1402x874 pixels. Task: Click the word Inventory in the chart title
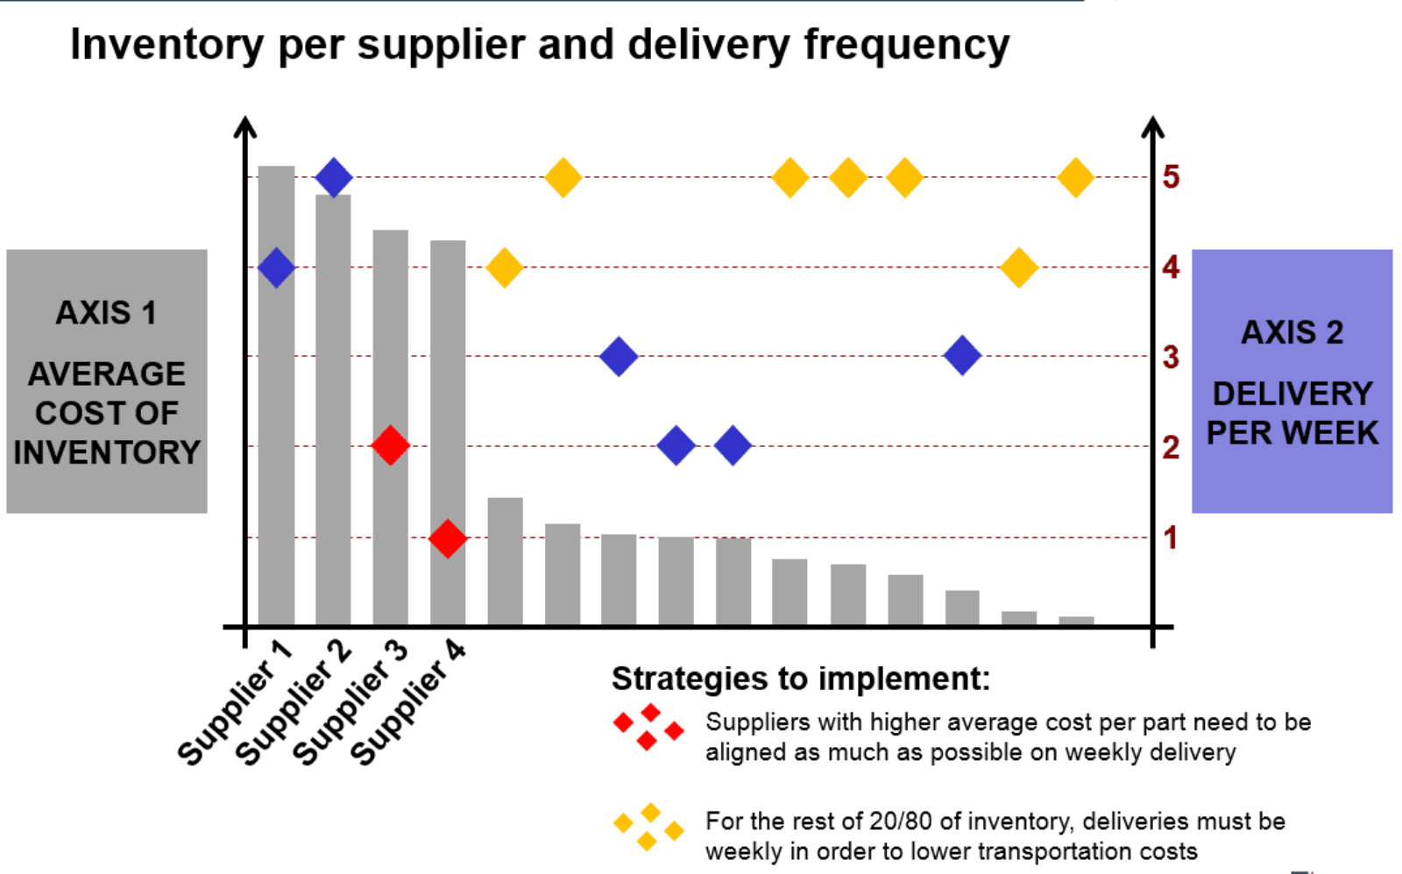click(x=166, y=46)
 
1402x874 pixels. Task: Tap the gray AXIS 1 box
click(x=107, y=381)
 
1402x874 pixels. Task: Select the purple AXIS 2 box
click(x=1292, y=381)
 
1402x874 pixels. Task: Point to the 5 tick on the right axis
click(x=1171, y=176)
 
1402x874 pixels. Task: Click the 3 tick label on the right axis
click(x=1171, y=357)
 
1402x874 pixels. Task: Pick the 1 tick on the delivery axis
click(x=1171, y=537)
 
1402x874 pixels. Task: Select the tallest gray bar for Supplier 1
click(x=276, y=395)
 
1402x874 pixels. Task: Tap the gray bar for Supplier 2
click(x=333, y=409)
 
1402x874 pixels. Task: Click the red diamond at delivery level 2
click(x=390, y=445)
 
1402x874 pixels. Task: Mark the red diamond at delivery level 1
click(x=448, y=537)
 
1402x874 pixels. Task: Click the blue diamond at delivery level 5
click(x=334, y=177)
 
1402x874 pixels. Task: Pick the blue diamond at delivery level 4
click(x=276, y=267)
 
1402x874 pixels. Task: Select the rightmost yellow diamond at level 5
click(x=1075, y=177)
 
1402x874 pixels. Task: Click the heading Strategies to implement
click(x=801, y=679)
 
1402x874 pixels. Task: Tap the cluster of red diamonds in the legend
click(x=648, y=726)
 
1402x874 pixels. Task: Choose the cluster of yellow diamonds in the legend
click(x=648, y=827)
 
